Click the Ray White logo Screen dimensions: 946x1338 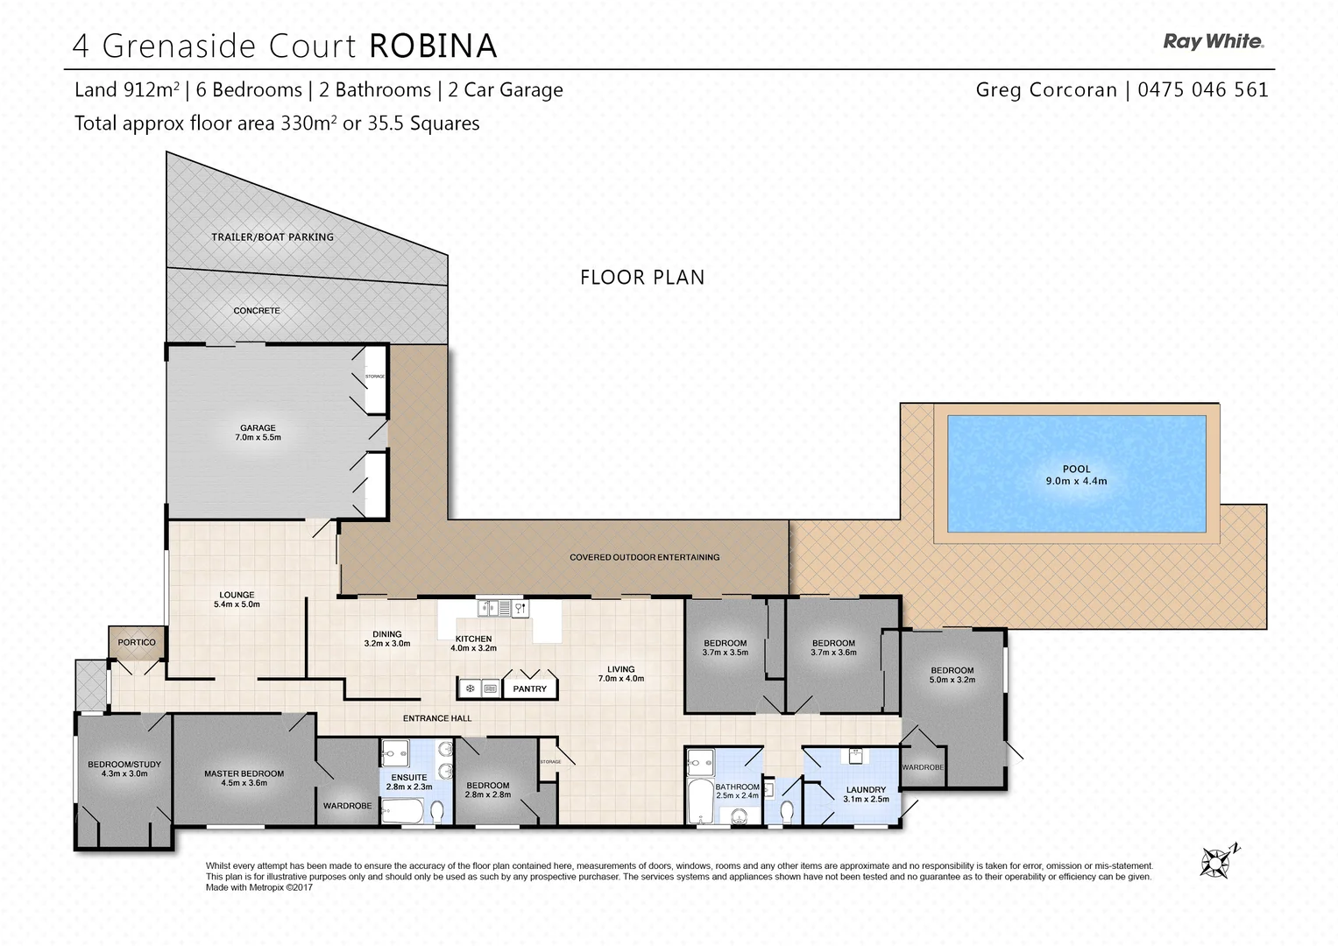[x=1213, y=41]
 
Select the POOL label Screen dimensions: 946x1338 [x=1076, y=469]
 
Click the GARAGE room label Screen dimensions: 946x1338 [x=258, y=428]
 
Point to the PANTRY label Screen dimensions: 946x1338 [x=529, y=689]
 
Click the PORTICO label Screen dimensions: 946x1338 [x=137, y=643]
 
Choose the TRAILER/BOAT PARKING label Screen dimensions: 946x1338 [x=273, y=237]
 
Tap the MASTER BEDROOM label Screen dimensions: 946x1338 [x=244, y=773]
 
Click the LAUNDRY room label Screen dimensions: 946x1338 [x=866, y=790]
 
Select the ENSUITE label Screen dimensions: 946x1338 [x=409, y=778]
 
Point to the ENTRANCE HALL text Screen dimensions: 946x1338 [x=437, y=718]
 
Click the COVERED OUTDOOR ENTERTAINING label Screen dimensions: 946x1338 [x=644, y=557]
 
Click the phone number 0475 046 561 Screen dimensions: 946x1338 [x=1202, y=89]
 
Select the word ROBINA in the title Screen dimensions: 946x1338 [x=433, y=46]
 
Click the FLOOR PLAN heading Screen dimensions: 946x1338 [x=642, y=278]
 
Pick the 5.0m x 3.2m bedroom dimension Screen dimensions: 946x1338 [x=952, y=680]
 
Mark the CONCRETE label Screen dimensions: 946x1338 [x=257, y=311]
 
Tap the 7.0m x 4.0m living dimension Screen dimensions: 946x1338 [x=620, y=679]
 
